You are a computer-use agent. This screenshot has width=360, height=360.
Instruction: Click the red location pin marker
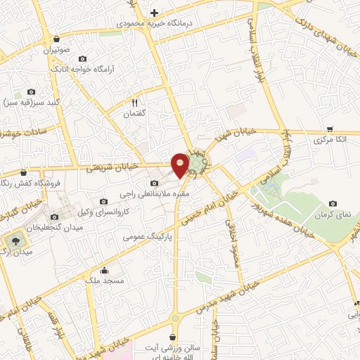[181, 164]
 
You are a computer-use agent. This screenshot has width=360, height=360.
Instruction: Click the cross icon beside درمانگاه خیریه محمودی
[154, 13]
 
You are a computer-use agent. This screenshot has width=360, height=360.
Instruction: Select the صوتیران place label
[56, 50]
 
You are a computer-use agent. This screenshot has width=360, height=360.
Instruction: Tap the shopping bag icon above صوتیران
[56, 39]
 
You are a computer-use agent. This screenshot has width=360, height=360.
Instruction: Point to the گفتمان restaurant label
[133, 113]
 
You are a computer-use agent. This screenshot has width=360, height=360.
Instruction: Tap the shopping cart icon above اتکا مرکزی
[330, 130]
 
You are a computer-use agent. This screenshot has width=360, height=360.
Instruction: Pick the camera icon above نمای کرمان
[333, 203]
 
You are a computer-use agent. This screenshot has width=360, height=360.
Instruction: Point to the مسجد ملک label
[105, 281]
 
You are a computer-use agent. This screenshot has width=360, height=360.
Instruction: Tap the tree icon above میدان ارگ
[15, 239]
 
